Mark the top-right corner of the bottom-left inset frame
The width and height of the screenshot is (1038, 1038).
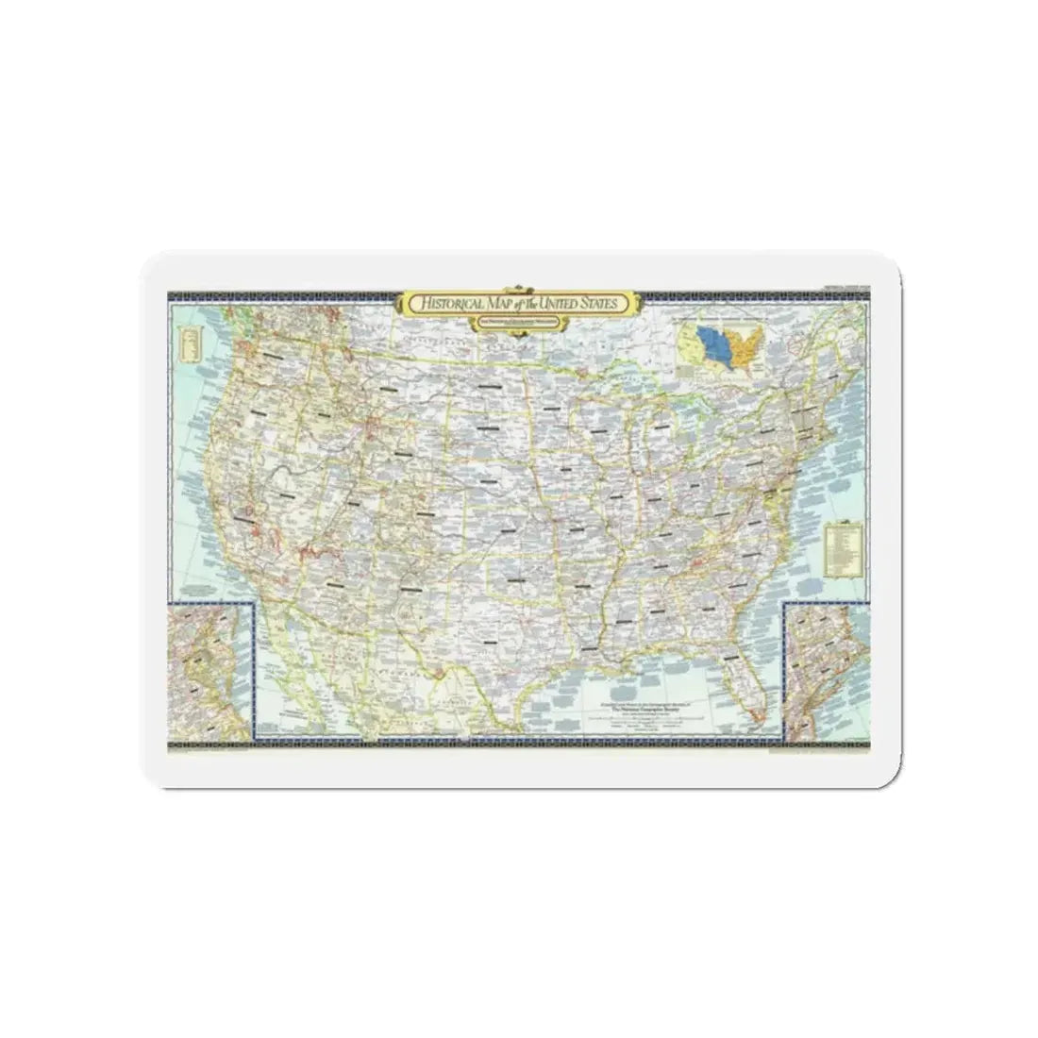[x=254, y=604]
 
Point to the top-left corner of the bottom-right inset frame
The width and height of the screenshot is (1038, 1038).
[x=785, y=605]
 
